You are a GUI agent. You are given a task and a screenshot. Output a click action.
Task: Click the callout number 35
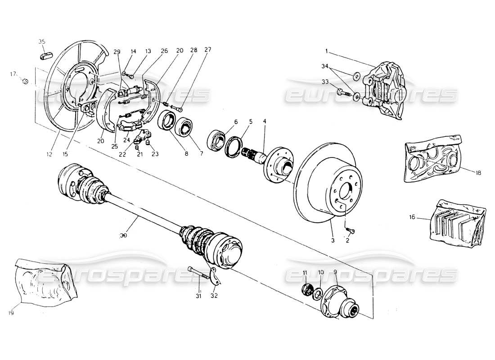pos(42,41)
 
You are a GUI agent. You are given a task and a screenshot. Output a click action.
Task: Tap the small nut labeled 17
pos(26,81)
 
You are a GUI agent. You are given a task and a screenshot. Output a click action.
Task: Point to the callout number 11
pos(305,273)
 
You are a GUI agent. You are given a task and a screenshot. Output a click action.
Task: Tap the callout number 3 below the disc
pos(333,241)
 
